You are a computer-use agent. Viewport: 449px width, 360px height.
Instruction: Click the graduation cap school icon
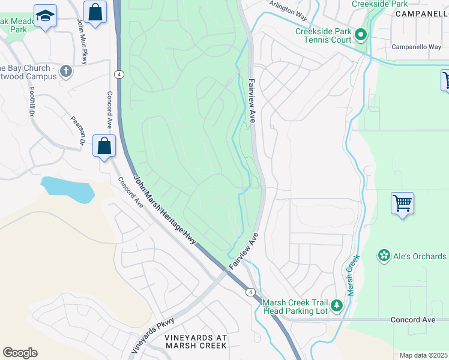pos(44,16)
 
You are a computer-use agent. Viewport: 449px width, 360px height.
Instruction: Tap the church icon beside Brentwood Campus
pos(66,72)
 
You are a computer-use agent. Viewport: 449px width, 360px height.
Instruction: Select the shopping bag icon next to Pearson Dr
pos(104,146)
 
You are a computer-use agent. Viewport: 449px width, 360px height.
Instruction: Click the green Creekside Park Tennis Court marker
pos(360,35)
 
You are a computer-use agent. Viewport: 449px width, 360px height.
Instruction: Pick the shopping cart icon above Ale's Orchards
pos(402,203)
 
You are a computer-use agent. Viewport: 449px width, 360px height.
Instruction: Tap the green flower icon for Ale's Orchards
pos(384,256)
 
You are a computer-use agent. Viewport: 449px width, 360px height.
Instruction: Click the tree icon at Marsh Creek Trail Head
pos(337,306)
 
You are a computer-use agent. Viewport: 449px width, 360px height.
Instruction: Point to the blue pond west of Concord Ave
pos(67,189)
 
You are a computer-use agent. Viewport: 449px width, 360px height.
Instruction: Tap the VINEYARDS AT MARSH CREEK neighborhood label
pos(196,341)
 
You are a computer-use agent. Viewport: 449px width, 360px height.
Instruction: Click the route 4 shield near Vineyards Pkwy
pos(249,292)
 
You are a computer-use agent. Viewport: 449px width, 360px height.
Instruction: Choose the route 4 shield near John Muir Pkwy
pos(120,74)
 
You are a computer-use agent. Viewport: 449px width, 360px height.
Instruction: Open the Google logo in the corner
pos(20,353)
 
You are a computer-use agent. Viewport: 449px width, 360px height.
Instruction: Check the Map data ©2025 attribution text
pos(423,355)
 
